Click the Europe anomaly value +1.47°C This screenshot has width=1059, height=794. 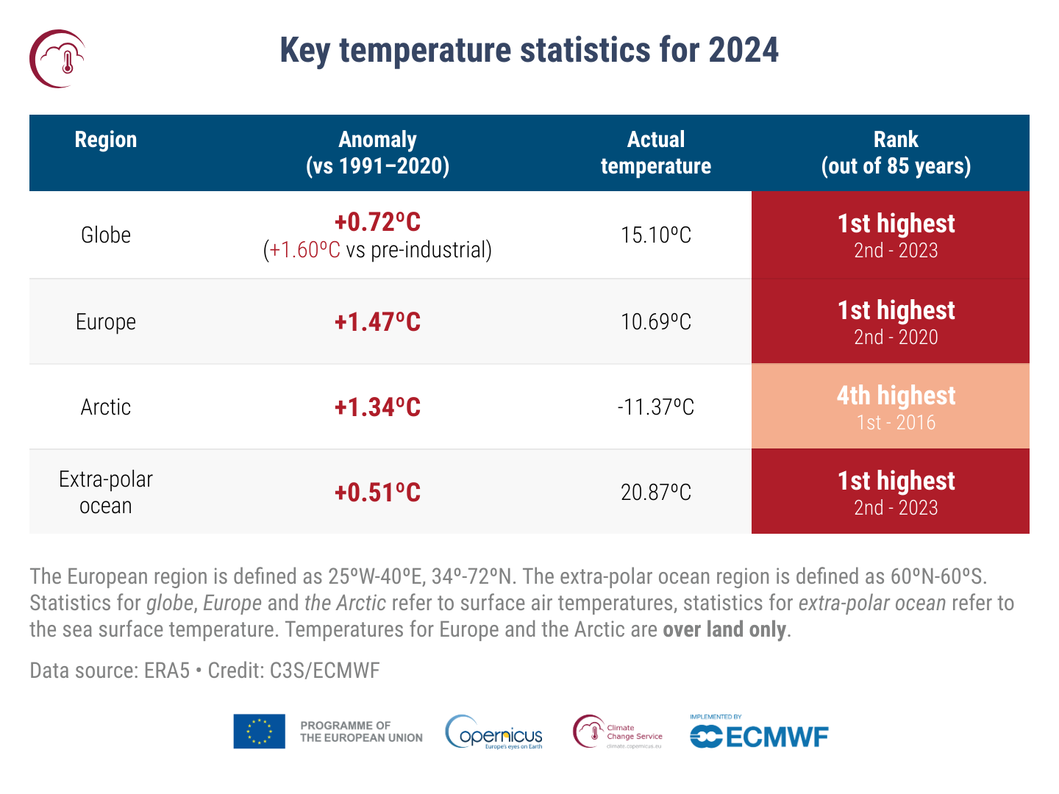[377, 322]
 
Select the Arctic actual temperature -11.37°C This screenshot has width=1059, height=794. [656, 407]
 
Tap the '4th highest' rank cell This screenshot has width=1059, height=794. [896, 396]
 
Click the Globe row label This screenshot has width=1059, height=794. [106, 235]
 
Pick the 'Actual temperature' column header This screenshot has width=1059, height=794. [656, 153]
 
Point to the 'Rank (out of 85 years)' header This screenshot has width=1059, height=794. [896, 153]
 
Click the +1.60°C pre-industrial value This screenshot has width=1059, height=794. [305, 251]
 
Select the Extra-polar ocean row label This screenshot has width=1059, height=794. [106, 493]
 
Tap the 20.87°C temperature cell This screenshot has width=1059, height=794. [656, 493]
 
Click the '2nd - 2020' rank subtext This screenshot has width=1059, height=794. [896, 337]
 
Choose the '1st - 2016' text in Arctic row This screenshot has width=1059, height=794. [896, 423]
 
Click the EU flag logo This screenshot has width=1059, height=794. [259, 732]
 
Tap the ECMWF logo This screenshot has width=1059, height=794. [759, 735]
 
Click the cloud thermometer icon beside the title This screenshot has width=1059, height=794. [57, 59]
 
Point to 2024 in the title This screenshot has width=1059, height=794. [744, 51]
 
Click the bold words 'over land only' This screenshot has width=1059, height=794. [724, 630]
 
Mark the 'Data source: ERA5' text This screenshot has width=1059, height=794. [110, 670]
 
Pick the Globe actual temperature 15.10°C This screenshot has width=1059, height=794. [656, 235]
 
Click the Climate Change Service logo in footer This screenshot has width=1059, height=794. [618, 732]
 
